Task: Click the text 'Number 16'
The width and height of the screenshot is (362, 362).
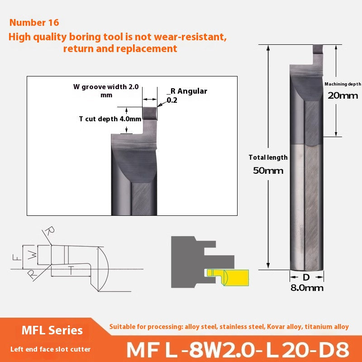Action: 34,22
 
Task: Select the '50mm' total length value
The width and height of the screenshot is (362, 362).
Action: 268,171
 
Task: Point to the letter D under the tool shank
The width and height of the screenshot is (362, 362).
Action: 306,276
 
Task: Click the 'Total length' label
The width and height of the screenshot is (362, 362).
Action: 268,157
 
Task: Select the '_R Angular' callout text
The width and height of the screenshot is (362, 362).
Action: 186,91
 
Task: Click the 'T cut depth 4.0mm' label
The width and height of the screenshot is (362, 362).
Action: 104,119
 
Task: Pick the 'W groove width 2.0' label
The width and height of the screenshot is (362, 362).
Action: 106,87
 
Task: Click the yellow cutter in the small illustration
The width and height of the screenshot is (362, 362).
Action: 226,275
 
